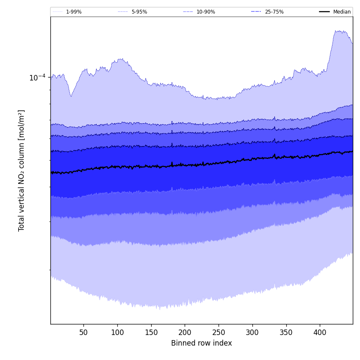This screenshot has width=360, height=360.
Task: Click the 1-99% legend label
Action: (74, 12)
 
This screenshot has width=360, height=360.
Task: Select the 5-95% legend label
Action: (139, 12)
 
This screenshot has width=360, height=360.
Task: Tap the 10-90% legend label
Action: (206, 12)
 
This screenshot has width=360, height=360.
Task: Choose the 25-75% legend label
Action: (274, 12)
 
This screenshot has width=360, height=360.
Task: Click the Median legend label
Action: (342, 12)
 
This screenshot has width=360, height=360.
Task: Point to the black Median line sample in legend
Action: (324, 12)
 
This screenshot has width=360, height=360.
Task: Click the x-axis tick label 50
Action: (84, 332)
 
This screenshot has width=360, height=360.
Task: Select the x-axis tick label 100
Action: (117, 332)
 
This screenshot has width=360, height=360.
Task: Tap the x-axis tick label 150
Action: (151, 332)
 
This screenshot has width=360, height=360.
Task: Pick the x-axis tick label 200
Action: (185, 332)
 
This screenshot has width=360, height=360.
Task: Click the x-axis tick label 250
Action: (219, 332)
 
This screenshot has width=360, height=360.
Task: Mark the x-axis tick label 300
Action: (252, 332)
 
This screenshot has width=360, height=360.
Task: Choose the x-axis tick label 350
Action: (286, 332)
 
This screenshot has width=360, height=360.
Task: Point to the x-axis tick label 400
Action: (320, 332)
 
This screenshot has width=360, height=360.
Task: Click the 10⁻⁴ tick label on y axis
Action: (37, 78)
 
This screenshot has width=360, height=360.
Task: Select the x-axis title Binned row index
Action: (202, 343)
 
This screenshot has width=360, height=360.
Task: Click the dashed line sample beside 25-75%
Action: (256, 12)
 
